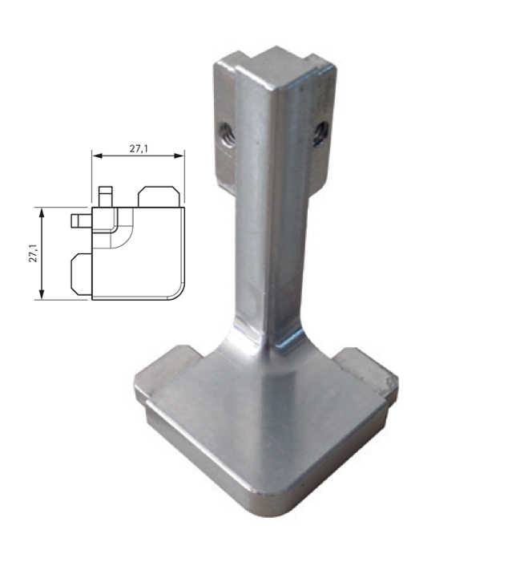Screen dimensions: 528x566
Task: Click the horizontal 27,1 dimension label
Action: pos(139,148)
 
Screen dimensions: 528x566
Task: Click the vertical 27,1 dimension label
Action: pos(34,253)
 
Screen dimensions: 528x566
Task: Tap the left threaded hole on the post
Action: pos(228,135)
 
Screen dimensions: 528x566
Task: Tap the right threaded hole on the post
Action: pos(320,134)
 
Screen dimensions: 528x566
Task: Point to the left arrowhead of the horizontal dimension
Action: pos(98,156)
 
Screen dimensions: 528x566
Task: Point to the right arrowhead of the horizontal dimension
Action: pos(179,156)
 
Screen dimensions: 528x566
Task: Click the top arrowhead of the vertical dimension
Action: pos(42,213)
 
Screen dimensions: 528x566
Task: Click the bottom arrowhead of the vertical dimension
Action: pos(42,294)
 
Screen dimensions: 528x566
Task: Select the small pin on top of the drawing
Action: pos(106,196)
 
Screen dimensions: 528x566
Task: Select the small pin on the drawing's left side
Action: pos(82,220)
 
